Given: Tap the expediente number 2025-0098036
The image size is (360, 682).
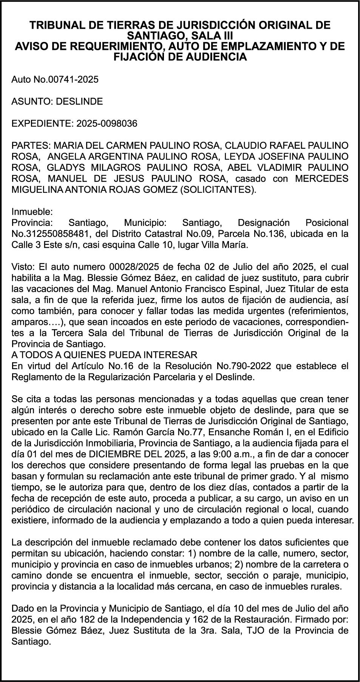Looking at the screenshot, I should pyautogui.click(x=107, y=124).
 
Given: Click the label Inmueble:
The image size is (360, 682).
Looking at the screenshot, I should pyautogui.click(x=32, y=211).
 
